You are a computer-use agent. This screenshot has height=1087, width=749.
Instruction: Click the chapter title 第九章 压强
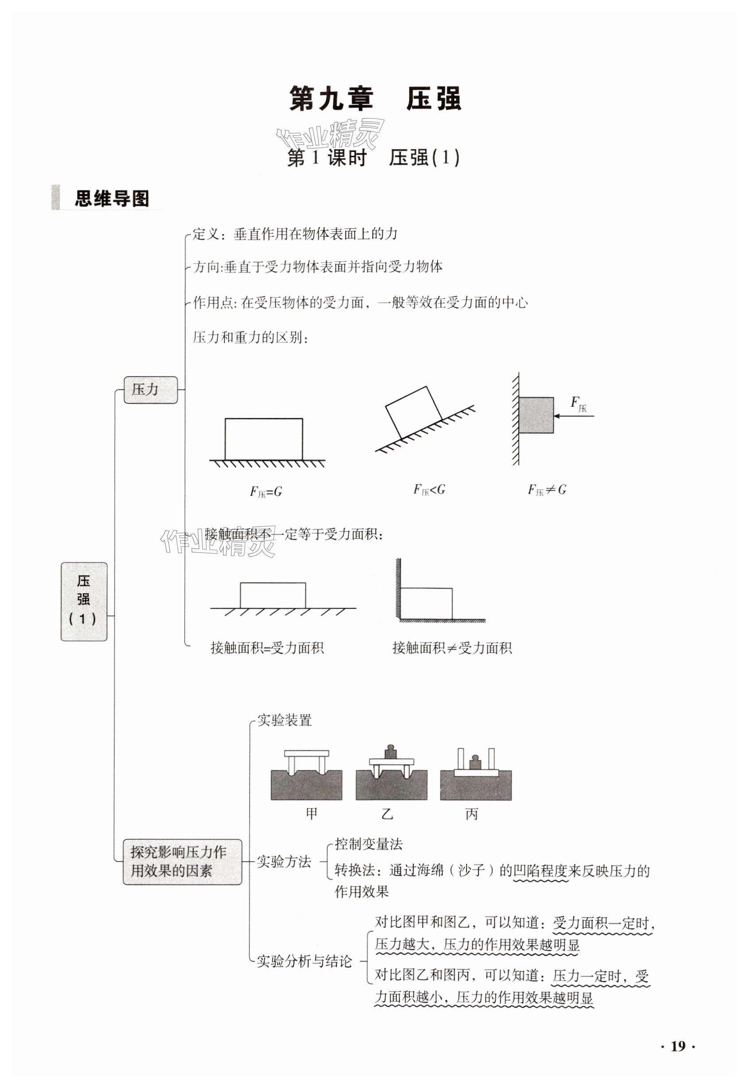pyautogui.click(x=375, y=99)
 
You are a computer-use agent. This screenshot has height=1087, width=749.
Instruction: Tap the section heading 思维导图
pyautogui.click(x=112, y=198)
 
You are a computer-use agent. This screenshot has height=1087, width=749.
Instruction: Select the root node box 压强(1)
pyautogui.click(x=84, y=601)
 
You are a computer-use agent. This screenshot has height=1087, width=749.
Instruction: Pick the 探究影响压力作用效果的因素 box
pyautogui.click(x=182, y=862)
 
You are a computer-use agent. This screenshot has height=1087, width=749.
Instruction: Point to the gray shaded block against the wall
pyautogui.click(x=536, y=415)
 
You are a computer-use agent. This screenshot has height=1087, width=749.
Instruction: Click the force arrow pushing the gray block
pyautogui.click(x=574, y=415)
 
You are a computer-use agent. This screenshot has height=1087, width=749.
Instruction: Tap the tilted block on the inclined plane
pyautogui.click(x=413, y=411)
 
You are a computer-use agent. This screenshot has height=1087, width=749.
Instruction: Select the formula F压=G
pyautogui.click(x=266, y=491)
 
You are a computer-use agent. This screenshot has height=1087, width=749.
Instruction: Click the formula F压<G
pyautogui.click(x=429, y=489)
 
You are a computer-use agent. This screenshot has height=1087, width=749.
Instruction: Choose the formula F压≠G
pyautogui.click(x=547, y=489)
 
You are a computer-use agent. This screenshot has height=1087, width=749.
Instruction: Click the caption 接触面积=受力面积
pyautogui.click(x=267, y=648)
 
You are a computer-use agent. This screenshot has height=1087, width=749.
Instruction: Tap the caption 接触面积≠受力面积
pyautogui.click(x=452, y=648)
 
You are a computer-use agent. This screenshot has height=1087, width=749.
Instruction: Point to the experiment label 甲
pyautogui.click(x=311, y=814)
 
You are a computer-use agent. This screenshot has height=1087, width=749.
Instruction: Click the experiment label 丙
pyautogui.click(x=471, y=814)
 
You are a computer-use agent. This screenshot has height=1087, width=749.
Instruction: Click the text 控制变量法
pyautogui.click(x=369, y=844)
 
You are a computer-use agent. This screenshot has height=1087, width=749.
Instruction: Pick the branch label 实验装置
pyautogui.click(x=284, y=720)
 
